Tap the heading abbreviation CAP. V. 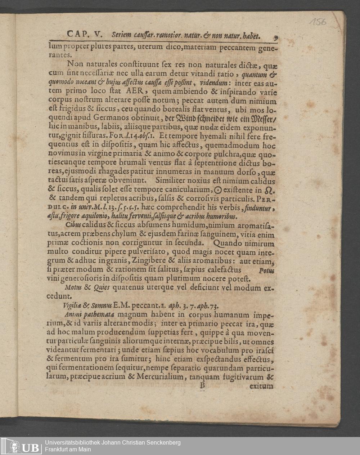[84, 35]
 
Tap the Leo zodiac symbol [269, 190]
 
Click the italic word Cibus [73, 226]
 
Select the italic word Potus [266, 271]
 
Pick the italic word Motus [73, 288]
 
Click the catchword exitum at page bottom [261, 386]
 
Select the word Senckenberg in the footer [161, 442]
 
